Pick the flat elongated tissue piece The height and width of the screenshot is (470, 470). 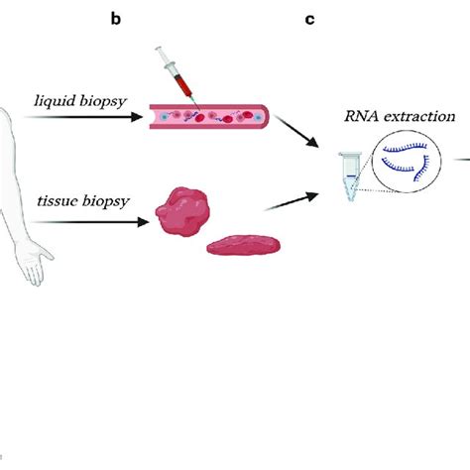pyautogui.click(x=244, y=245)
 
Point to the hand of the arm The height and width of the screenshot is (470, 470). pyautogui.click(x=35, y=262)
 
